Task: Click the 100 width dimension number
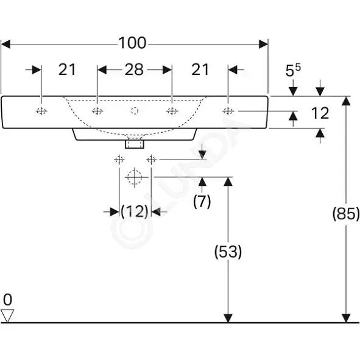coord(132,43)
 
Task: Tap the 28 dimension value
coord(134,69)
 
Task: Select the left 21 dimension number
coord(67,69)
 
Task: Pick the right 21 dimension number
coord(200,69)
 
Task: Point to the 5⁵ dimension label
coord(293,70)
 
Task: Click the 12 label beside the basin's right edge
coord(320,113)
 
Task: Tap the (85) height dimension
coord(346,214)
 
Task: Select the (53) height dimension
coord(228,252)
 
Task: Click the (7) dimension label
coord(202,202)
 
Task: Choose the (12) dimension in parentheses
coord(135,211)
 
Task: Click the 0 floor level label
coord(7,300)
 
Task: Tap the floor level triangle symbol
coord(7,316)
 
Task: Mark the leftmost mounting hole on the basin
coord(41,111)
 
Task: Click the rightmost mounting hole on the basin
coord(228,111)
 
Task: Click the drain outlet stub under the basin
coord(135,144)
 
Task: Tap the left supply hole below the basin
coord(119,160)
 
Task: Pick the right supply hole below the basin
coord(151,160)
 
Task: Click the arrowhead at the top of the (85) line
coord(346,101)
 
